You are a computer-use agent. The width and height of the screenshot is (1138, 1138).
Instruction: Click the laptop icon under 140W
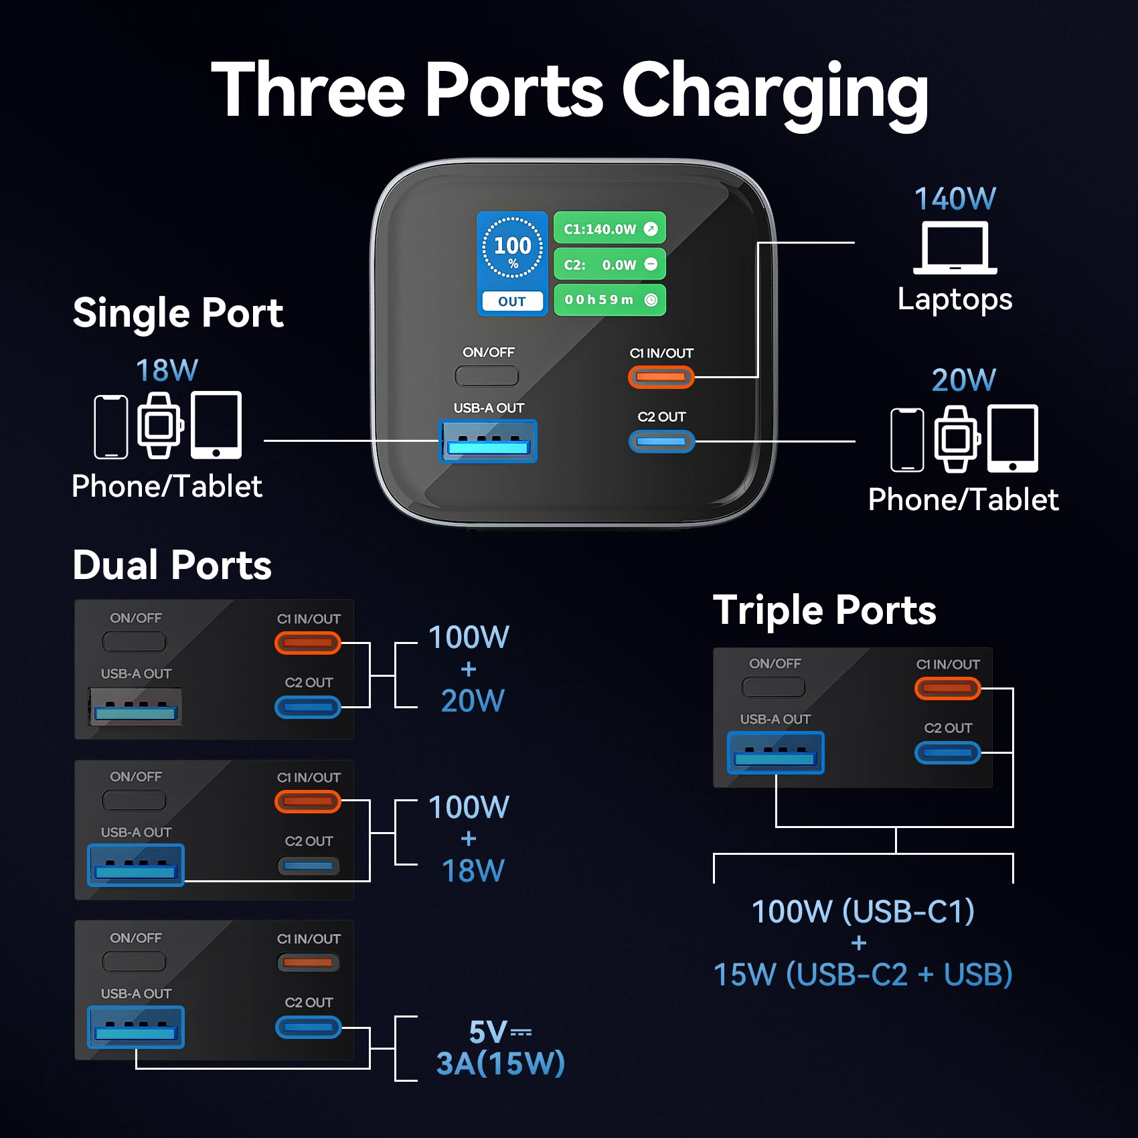(955, 248)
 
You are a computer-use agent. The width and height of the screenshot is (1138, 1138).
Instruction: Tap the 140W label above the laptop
(955, 199)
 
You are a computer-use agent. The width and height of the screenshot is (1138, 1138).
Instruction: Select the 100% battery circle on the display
(513, 248)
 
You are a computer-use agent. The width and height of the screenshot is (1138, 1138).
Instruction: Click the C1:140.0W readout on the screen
(610, 229)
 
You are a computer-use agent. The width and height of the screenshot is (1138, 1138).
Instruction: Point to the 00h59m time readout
(610, 300)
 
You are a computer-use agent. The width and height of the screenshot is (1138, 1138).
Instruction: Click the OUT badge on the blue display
(512, 301)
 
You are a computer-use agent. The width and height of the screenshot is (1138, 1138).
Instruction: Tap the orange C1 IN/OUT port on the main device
(661, 377)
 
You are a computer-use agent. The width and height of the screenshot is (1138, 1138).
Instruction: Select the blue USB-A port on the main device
(488, 441)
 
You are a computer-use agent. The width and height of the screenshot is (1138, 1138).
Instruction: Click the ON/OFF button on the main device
(487, 376)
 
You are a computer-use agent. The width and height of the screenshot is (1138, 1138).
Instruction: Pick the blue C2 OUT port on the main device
(661, 441)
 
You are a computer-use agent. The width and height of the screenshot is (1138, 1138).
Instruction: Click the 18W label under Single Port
(167, 370)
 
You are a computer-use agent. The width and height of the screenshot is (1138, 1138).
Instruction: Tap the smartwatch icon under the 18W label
(160, 426)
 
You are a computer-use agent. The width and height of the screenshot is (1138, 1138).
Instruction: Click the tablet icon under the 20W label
(1013, 438)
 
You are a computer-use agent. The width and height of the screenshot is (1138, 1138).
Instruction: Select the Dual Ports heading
(172, 565)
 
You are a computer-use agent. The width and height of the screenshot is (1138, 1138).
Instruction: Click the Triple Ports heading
(825, 611)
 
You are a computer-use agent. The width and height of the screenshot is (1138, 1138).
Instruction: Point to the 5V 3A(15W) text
(501, 1048)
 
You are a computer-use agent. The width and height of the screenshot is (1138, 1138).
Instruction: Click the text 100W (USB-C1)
(863, 911)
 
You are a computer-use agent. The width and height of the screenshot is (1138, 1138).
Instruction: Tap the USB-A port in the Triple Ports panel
(776, 753)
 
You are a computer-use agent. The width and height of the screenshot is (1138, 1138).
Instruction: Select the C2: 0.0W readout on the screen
(610, 264)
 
